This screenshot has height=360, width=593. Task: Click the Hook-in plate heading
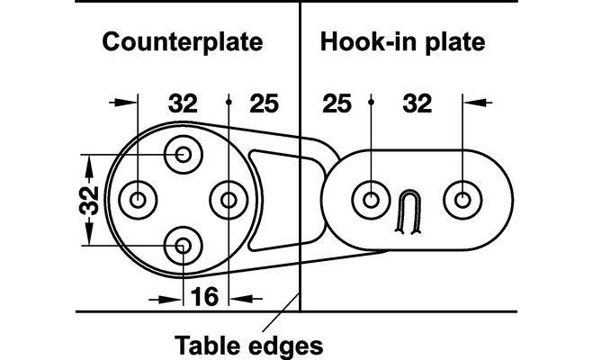coord(402,42)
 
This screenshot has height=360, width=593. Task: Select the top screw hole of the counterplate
coord(184,154)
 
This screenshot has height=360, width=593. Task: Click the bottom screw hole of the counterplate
coord(184,243)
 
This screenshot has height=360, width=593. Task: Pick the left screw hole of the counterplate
coord(139,198)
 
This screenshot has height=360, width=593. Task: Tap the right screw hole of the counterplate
coord(229,198)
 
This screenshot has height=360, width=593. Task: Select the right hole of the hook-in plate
coord(462,198)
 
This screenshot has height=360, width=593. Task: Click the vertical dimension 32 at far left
coord(87,199)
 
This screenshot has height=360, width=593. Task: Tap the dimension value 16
coord(206,295)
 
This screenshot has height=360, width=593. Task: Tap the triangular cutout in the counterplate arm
coord(273,198)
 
